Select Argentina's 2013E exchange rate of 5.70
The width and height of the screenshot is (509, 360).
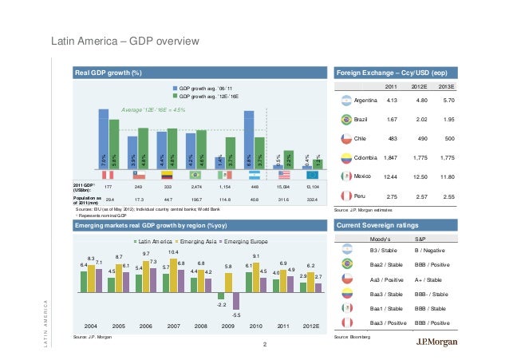click(x=448, y=101)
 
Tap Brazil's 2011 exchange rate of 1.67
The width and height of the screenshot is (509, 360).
click(x=392, y=119)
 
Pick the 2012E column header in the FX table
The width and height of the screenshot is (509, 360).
click(x=420, y=86)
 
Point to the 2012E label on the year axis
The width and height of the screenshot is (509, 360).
click(x=312, y=326)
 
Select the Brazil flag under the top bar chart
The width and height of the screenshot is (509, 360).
click(x=194, y=173)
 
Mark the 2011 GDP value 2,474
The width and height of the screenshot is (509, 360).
click(x=194, y=185)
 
